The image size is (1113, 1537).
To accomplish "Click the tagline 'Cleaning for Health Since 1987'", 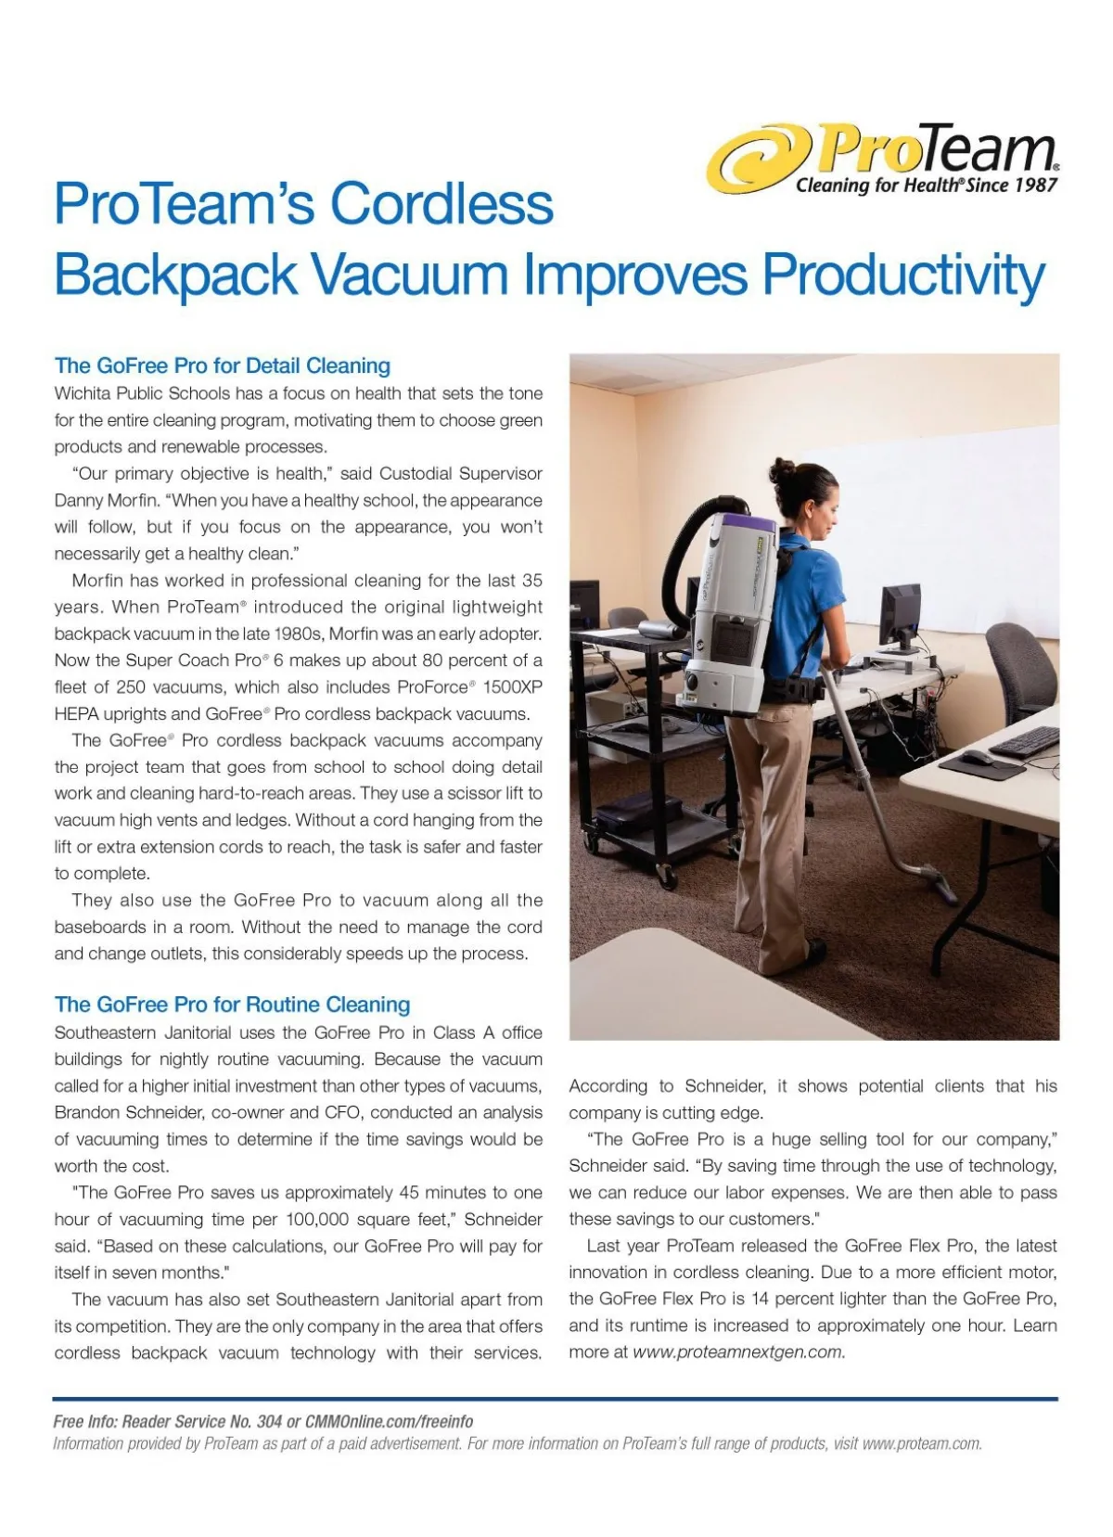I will click(x=926, y=185).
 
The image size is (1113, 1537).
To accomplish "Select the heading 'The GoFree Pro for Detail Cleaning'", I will click(x=223, y=365).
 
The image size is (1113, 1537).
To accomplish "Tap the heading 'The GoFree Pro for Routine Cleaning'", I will click(x=232, y=1005).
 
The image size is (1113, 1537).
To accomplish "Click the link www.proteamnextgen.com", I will click(x=738, y=1352).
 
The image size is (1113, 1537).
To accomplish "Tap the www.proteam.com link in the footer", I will click(x=920, y=1443).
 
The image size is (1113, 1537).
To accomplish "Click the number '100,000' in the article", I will click(x=319, y=1219).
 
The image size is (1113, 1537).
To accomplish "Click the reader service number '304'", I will click(x=269, y=1422).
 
